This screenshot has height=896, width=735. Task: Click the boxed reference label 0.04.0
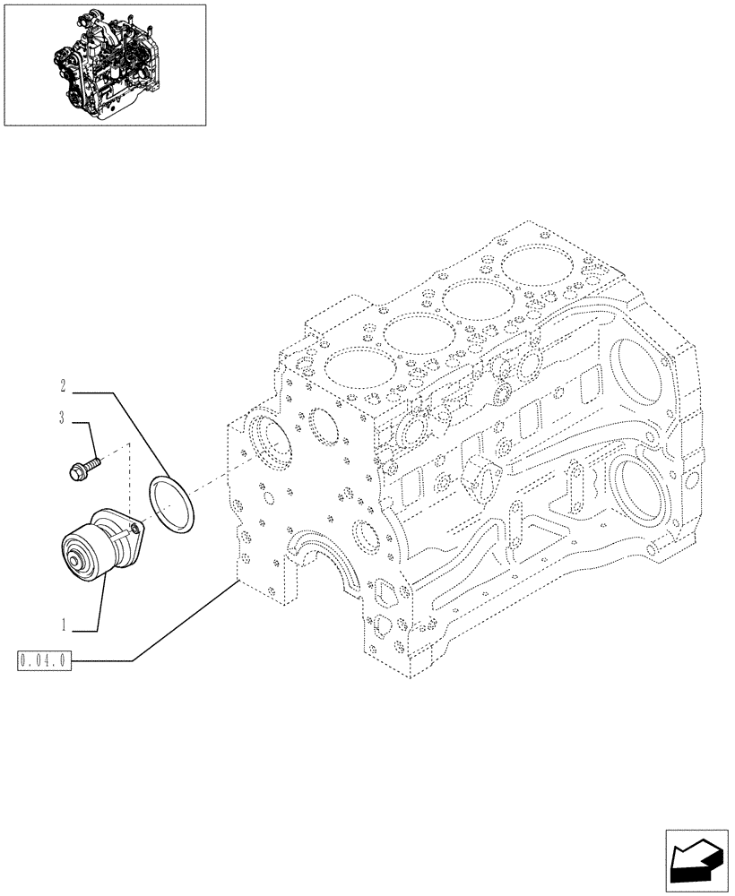click(x=43, y=661)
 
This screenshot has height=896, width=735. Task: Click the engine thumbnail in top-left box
click(x=105, y=64)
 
